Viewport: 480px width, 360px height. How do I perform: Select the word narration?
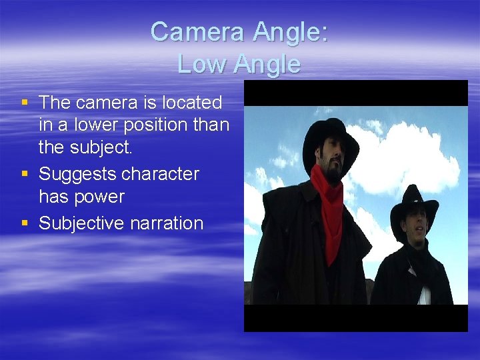pyautogui.click(x=169, y=223)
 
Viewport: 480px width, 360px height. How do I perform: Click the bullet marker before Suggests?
pyautogui.click(x=25, y=174)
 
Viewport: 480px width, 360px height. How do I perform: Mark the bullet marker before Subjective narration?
pyautogui.click(x=25, y=223)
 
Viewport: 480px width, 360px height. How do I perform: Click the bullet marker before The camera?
pyautogui.click(x=25, y=103)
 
